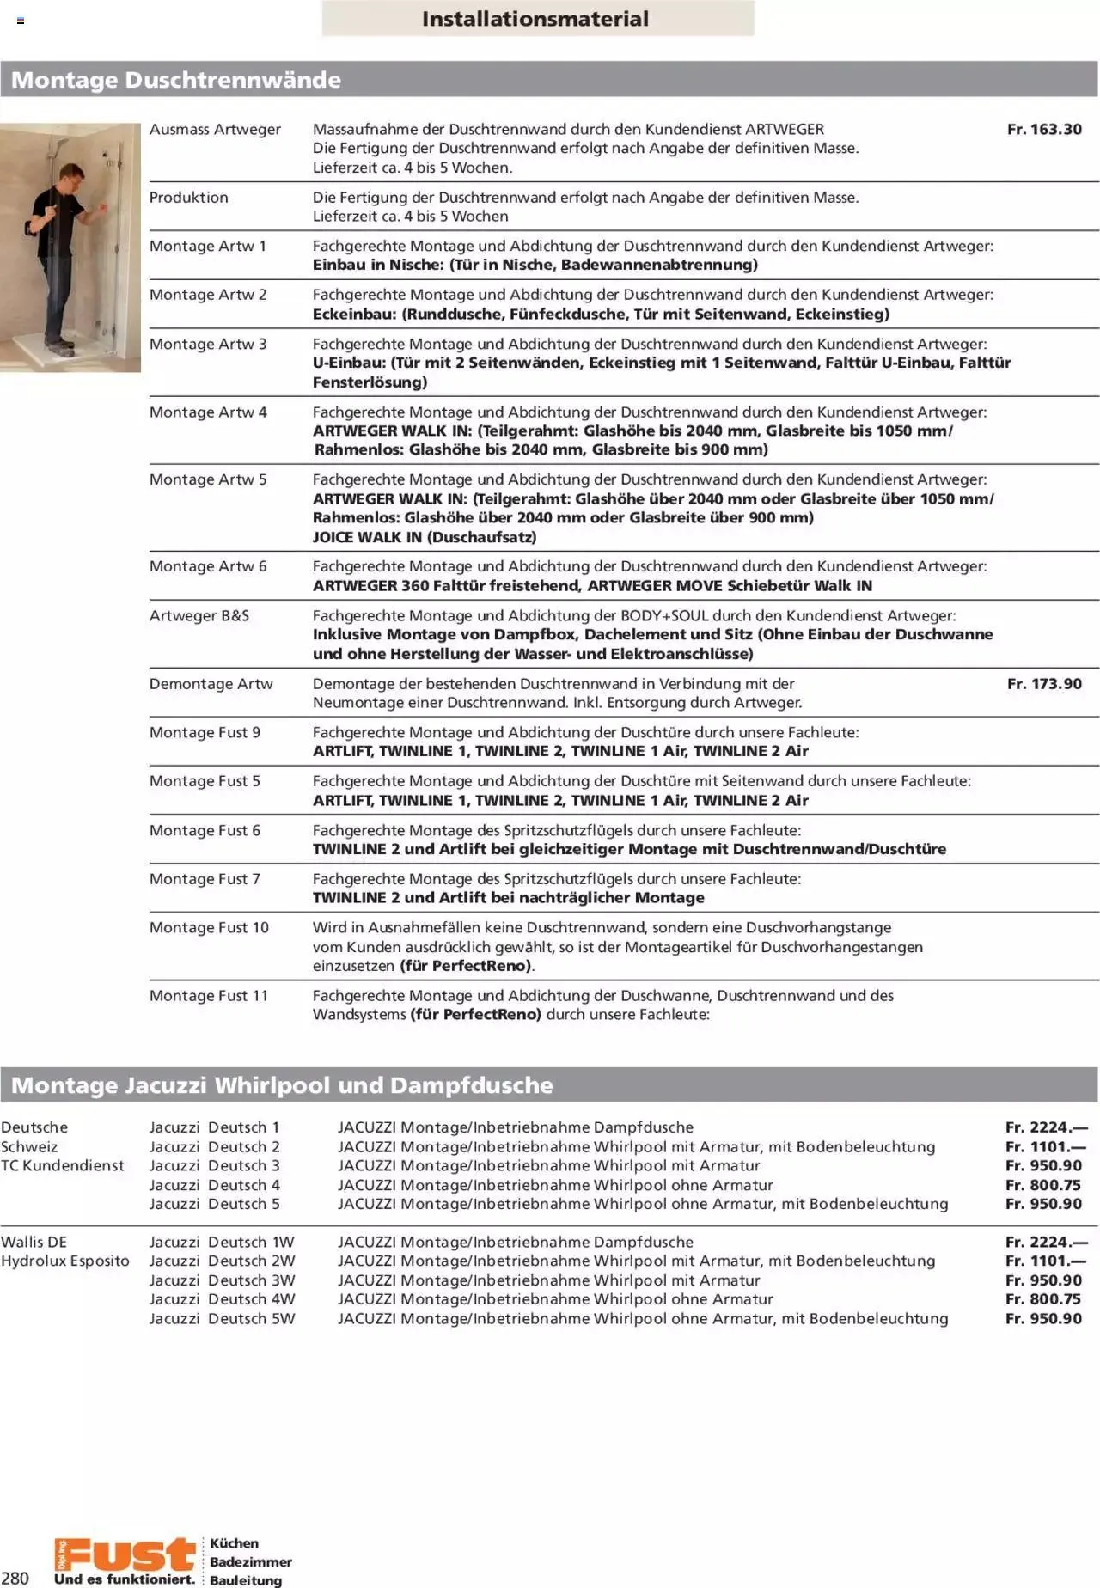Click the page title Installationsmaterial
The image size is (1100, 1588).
coord(535,19)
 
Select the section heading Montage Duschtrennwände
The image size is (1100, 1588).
coord(176,80)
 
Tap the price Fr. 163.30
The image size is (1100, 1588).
coord(1044,130)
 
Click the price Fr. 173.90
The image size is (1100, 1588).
coord(1044,684)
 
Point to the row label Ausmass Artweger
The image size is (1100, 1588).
coord(215,130)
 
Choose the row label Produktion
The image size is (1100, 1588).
coord(189,198)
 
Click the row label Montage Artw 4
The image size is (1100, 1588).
coord(208,412)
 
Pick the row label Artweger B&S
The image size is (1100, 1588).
coord(199,616)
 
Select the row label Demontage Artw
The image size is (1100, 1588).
coord(211,684)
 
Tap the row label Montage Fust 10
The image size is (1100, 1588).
coord(209,928)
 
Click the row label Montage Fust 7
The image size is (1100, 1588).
coord(205,879)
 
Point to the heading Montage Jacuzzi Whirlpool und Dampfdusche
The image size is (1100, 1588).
coord(282,1085)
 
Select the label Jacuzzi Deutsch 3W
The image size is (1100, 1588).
coord(222,1280)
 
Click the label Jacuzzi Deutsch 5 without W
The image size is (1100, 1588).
coord(215,1204)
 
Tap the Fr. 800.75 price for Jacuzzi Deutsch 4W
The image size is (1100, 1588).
coord(1043,1299)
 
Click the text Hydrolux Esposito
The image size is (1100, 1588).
coord(65,1261)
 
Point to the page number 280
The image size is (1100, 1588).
coord(15,1578)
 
